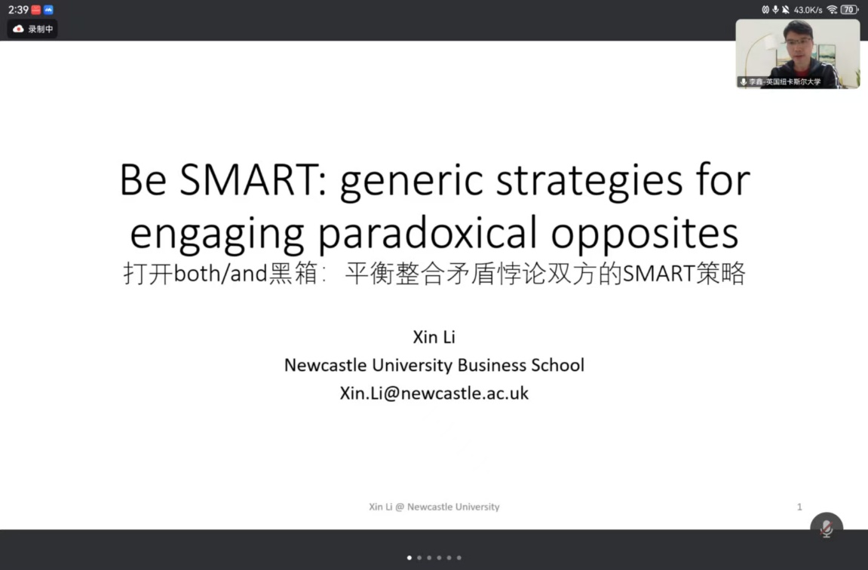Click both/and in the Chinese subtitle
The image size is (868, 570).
(220, 274)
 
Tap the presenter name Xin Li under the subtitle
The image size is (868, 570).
(434, 337)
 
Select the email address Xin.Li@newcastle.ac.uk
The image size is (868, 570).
(434, 393)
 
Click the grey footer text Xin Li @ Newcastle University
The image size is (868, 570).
(434, 507)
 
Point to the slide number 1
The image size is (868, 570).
(799, 507)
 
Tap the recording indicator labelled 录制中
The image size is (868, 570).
(32, 29)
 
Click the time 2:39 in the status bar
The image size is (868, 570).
(17, 9)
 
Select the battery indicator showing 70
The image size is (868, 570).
(848, 9)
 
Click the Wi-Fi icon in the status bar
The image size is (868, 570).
(832, 9)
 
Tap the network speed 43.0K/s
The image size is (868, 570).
(808, 9)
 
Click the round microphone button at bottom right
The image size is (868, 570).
(827, 527)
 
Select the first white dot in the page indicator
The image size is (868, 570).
(409, 558)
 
